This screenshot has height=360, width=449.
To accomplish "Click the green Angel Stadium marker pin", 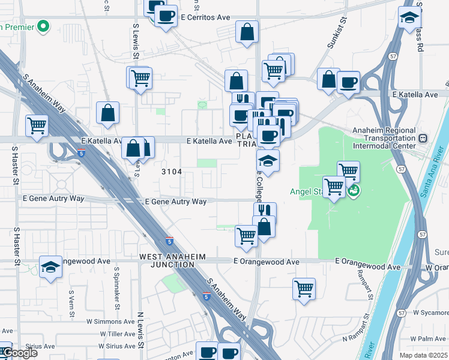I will pyautogui.click(x=354, y=192).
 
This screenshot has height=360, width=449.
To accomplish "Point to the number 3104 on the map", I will pyautogui.click(x=172, y=172).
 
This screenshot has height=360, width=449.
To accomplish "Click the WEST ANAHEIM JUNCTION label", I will pyautogui.click(x=172, y=260).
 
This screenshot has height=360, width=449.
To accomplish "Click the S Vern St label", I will pyautogui.click(x=71, y=298).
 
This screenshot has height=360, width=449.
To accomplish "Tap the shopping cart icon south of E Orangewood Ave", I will pyautogui.click(x=304, y=289).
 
